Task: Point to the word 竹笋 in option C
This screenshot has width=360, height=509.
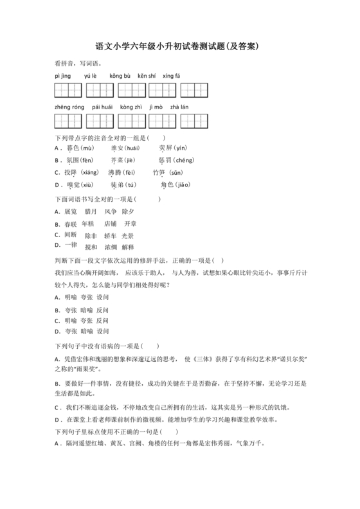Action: (158, 172)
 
